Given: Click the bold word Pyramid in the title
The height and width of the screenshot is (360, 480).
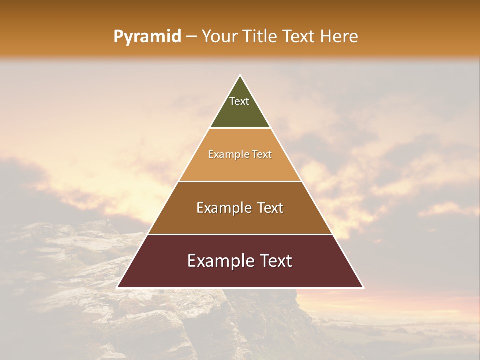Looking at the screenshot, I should tap(147, 37).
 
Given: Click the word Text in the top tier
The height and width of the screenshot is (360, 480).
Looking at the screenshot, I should tap(239, 101).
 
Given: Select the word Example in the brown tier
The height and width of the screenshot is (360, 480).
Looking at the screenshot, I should tap(224, 208).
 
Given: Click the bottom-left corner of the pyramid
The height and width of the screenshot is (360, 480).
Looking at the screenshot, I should tap(117, 287).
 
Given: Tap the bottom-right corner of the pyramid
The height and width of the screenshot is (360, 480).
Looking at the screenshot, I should tap(363, 287).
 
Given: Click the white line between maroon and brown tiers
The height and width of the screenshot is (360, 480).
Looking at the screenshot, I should tap(240, 234).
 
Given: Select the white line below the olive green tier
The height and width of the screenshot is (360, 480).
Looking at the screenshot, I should tap(240, 128).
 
